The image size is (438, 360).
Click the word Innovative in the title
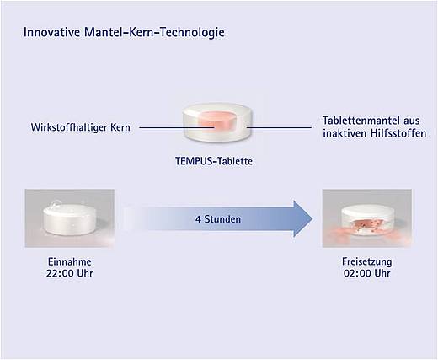coord(51,32)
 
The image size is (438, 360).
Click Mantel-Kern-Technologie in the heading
coord(154,32)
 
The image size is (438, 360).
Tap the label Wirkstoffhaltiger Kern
coord(81,127)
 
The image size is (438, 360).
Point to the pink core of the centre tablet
coord(216,121)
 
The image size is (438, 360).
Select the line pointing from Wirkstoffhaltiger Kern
coord(177,127)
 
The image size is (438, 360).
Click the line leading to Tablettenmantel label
coord(279,127)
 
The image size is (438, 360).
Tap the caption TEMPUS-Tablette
coord(214,161)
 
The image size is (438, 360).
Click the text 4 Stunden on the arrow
coord(218,219)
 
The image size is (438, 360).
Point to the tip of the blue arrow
coord(312,218)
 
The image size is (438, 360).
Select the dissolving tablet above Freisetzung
coord(367,222)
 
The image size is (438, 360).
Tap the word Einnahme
coord(70,262)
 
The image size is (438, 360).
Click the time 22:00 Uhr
coord(70,273)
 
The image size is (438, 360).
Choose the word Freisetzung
coord(367,261)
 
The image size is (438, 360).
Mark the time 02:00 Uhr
coord(367,273)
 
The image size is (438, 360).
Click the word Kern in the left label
coord(120,127)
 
